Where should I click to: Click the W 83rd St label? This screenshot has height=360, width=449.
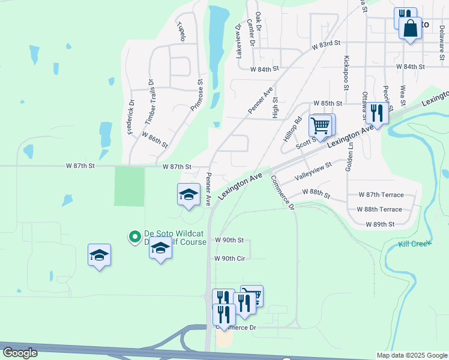click(x=326, y=44)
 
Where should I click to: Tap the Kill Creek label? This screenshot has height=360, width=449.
click(x=415, y=244)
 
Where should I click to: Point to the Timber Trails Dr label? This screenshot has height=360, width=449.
click(x=148, y=103)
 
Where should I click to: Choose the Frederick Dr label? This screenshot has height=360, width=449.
click(x=129, y=116)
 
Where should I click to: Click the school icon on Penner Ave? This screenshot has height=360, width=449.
click(x=188, y=194)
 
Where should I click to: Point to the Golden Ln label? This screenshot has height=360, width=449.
click(x=348, y=160)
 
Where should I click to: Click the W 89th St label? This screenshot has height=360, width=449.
click(x=381, y=224)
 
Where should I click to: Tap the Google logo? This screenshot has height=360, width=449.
click(x=20, y=353)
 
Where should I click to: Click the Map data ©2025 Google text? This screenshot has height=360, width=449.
click(x=411, y=355)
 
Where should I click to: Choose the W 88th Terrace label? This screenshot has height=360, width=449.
click(x=379, y=209)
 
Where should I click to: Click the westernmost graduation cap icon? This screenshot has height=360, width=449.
click(x=99, y=255)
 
